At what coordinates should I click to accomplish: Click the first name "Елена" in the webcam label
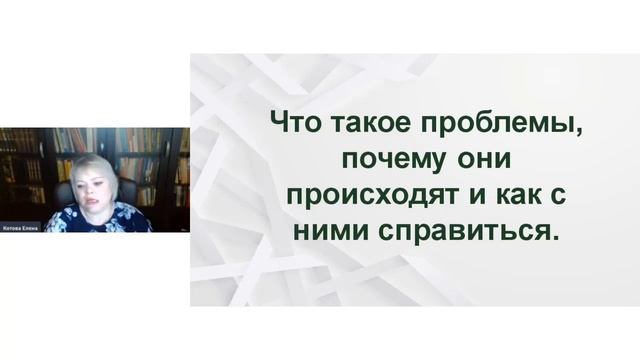(31, 226)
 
